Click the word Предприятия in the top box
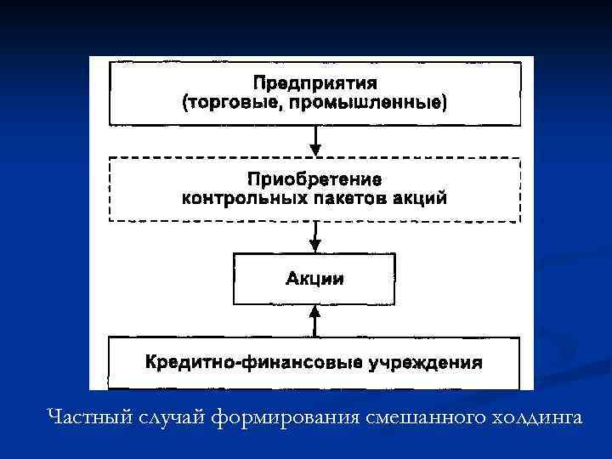314,84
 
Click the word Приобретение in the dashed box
314,179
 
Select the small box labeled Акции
314,279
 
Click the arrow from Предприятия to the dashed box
315,142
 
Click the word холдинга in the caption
535,416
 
